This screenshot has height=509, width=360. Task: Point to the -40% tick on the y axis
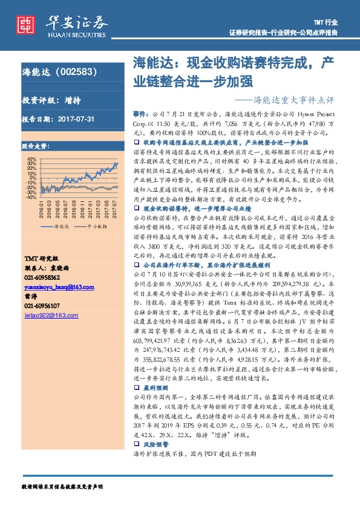coord(30,196)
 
